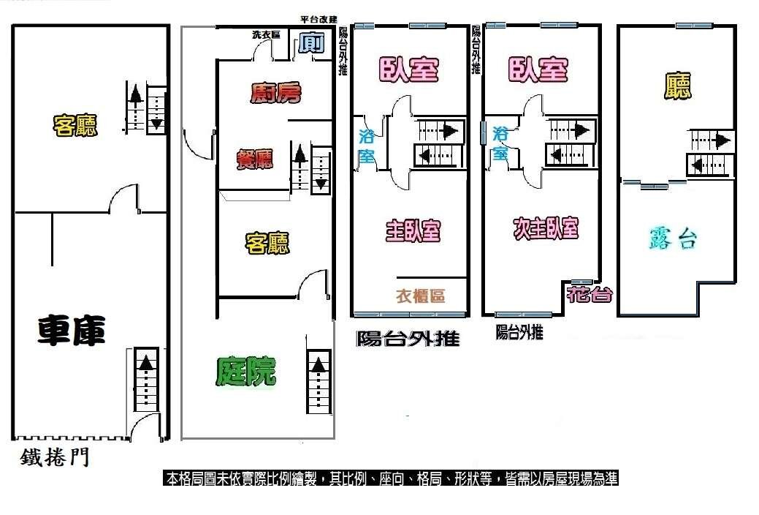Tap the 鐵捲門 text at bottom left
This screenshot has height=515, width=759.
(x=55, y=456)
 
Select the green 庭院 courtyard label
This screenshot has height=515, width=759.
(x=246, y=372)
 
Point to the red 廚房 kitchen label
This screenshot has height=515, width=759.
(x=276, y=93)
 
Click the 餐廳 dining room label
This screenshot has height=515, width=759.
(x=255, y=159)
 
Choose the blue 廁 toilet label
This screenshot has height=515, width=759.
(x=310, y=44)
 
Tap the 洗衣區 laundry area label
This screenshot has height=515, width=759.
(x=266, y=35)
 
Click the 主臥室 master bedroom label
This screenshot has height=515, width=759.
(x=413, y=230)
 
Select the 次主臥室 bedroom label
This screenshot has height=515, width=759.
(x=546, y=228)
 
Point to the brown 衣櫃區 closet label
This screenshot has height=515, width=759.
(x=420, y=296)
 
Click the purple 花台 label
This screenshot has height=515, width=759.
(x=589, y=294)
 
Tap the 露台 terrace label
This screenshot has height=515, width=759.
(x=673, y=238)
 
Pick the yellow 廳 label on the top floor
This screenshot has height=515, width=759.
(x=677, y=86)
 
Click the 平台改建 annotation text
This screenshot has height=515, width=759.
(x=319, y=20)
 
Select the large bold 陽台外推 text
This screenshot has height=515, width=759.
(x=408, y=339)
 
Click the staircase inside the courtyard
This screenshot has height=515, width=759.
(x=319, y=381)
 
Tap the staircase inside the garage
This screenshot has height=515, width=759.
(x=145, y=379)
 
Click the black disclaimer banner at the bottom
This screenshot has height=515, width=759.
(x=391, y=478)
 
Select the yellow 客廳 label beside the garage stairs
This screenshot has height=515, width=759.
(x=75, y=126)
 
